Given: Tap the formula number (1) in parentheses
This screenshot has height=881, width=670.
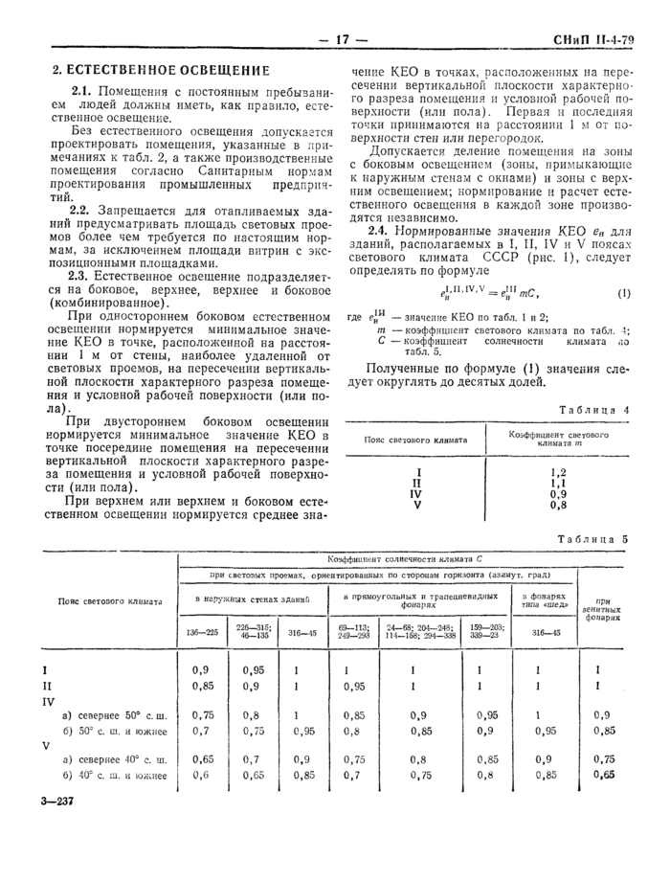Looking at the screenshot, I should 624,292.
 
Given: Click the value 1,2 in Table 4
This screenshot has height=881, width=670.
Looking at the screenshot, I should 559,472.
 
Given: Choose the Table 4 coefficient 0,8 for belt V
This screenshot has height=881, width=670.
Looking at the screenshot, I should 559,505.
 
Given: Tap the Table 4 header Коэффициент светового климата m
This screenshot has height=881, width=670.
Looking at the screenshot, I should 559,440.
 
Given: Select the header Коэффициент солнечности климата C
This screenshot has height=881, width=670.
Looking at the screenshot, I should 402,557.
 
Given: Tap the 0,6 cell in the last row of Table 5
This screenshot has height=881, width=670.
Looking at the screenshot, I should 200,775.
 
